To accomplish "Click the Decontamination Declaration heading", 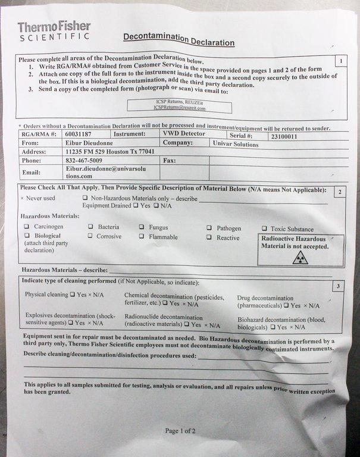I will (x=179, y=40).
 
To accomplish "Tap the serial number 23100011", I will (x=284, y=136).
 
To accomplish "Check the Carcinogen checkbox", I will (x=27, y=227).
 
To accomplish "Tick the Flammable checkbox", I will (x=142, y=236).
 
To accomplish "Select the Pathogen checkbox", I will (x=210, y=228).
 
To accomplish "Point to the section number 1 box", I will (x=340, y=61).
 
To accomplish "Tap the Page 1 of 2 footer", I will (x=180, y=430).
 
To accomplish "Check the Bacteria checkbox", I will (x=91, y=227).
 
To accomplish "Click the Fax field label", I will (x=169, y=161).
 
